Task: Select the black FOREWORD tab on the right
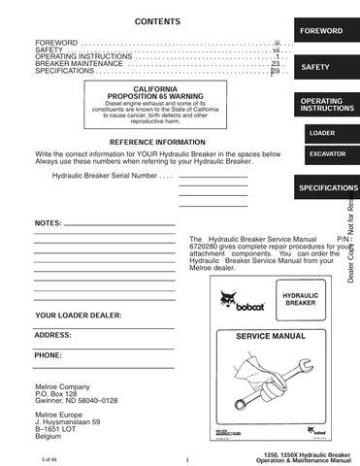click(x=320, y=31)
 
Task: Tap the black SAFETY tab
click(x=316, y=68)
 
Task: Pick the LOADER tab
click(x=321, y=132)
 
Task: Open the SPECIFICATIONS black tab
click(x=329, y=186)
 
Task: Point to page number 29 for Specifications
click(x=275, y=71)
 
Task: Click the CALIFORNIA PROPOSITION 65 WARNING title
click(x=155, y=92)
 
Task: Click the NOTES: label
click(x=48, y=223)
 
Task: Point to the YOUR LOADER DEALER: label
click(x=79, y=316)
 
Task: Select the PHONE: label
click(x=49, y=355)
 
